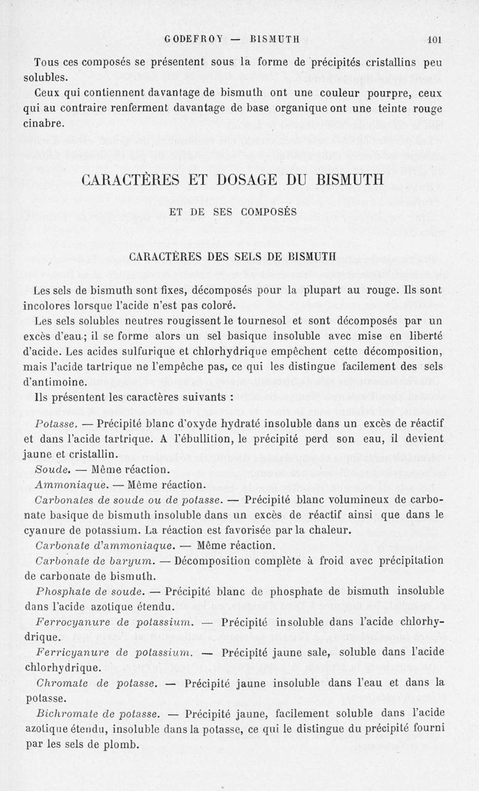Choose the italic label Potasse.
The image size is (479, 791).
tap(54, 424)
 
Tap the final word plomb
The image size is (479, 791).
tap(122, 745)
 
